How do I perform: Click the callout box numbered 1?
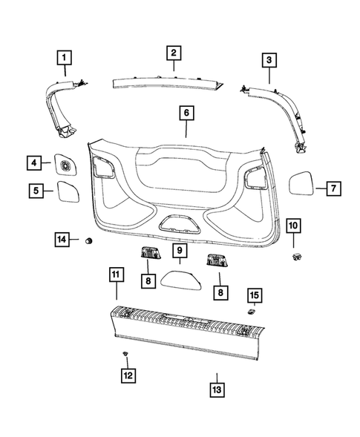[x=66, y=56]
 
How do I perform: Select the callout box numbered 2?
[x=172, y=53]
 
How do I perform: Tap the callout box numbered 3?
[x=269, y=59]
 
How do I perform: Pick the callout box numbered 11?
[x=115, y=276]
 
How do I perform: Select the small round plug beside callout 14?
[x=90, y=240]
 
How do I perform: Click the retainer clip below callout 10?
[x=295, y=257]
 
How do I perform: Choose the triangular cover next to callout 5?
[x=68, y=190]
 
